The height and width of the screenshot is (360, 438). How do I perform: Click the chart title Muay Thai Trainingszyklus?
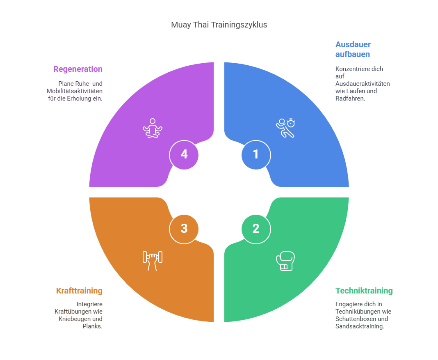(x=219, y=25)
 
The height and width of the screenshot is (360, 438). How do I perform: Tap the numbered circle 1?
(x=256, y=154)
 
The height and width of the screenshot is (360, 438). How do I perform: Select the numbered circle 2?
(x=256, y=229)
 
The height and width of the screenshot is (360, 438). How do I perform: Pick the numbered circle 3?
(x=184, y=229)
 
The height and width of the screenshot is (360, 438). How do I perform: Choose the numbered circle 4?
(x=184, y=154)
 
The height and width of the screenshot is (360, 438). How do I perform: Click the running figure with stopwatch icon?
(x=285, y=128)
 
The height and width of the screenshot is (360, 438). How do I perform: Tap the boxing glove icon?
(x=285, y=261)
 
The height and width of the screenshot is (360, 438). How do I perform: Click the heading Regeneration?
(x=78, y=69)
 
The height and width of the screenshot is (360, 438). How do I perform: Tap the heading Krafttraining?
(x=79, y=291)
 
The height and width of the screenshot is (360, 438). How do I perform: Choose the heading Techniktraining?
(x=364, y=291)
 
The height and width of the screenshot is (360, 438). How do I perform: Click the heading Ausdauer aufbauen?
(x=353, y=49)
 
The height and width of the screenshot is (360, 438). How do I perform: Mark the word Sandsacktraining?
(x=360, y=326)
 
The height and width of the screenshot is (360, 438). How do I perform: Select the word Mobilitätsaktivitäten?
(x=75, y=91)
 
